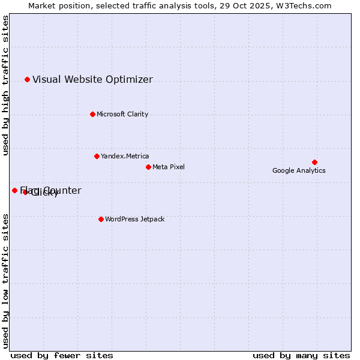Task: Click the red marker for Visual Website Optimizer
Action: coord(27,79)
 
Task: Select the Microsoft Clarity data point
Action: coord(92,114)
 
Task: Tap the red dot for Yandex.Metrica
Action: coord(97,156)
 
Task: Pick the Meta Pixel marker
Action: coord(148,167)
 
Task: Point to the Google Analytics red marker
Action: coord(314,162)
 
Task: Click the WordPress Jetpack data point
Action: coord(101,219)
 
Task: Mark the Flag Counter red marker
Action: coord(14,190)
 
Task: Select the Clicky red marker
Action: coord(25,192)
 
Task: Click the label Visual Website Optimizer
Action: coord(92,79)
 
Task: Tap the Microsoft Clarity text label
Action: coord(122,114)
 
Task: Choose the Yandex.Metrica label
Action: coord(125,156)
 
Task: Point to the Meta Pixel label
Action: coord(169,167)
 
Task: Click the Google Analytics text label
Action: coord(299,170)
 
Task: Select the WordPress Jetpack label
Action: coord(134,219)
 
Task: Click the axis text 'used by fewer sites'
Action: coord(62,355)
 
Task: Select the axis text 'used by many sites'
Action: coord(301,355)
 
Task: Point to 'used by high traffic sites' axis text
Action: coord(5,85)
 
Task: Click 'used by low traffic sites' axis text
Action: coord(5,280)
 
